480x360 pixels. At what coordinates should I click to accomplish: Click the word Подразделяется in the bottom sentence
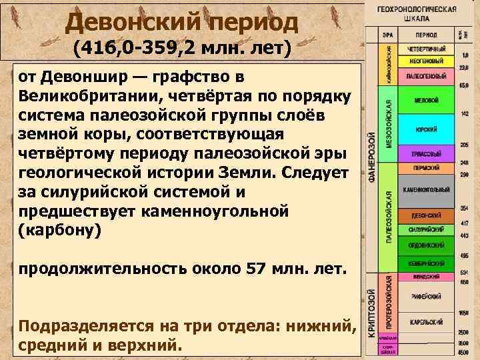(x=85, y=326)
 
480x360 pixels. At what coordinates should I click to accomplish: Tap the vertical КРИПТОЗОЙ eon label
(x=371, y=314)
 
